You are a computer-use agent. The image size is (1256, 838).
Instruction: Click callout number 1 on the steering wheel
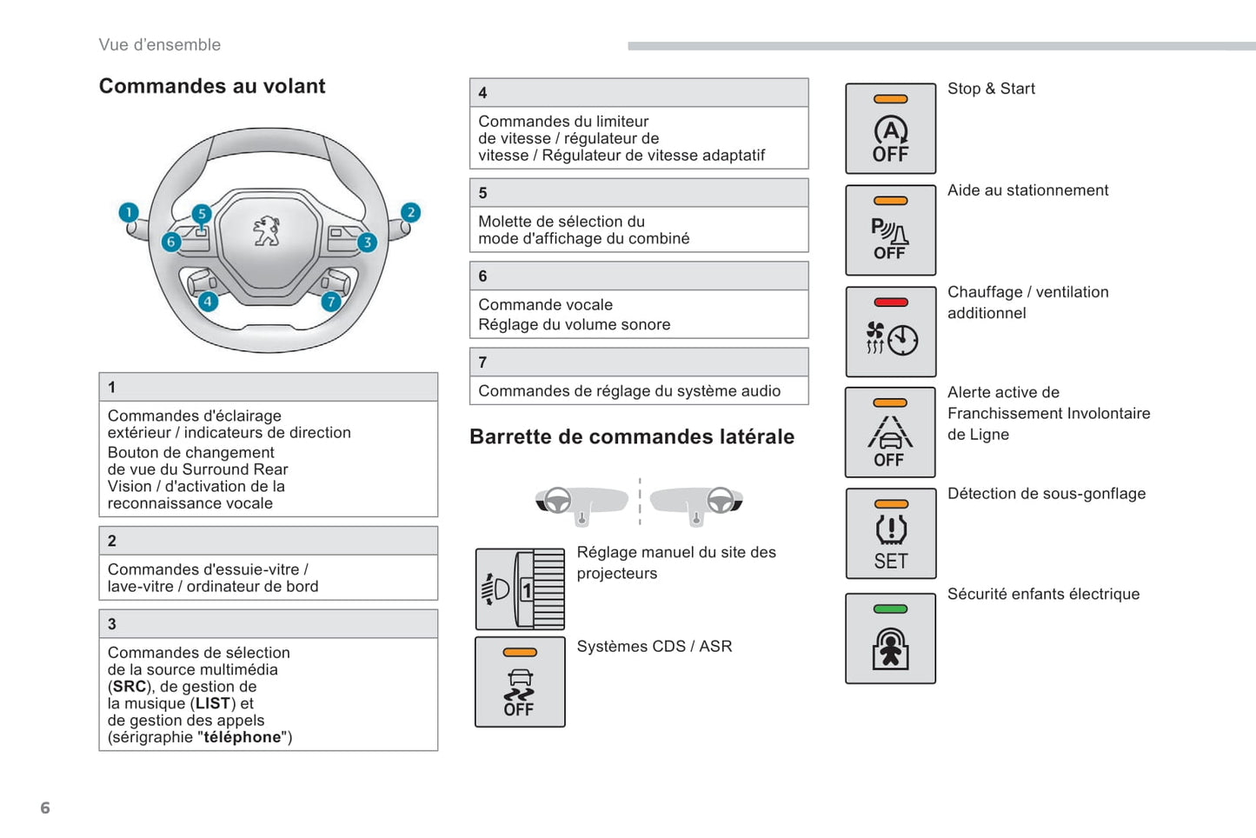[129, 212]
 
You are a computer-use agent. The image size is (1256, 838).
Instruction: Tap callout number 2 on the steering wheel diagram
[410, 212]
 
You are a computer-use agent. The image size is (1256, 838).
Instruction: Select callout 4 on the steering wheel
[208, 302]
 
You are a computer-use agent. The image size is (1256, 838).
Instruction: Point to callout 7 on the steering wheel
[331, 302]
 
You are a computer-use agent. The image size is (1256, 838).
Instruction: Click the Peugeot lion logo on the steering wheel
[267, 232]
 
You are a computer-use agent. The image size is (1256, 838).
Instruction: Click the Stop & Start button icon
[890, 129]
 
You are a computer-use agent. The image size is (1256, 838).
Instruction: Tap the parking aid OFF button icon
[890, 230]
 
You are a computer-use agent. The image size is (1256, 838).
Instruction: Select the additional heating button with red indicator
[890, 332]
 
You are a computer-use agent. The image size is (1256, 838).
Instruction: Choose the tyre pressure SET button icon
[890, 534]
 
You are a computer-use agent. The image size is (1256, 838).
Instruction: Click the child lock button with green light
[890, 639]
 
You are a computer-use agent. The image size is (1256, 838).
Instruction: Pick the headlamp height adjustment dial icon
[520, 589]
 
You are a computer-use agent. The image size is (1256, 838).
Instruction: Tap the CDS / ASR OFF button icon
[520, 682]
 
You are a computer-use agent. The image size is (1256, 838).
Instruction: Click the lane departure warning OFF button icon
[890, 433]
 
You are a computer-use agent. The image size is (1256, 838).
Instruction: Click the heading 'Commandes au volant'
[212, 86]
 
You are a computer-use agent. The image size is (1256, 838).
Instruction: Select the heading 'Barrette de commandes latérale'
[632, 436]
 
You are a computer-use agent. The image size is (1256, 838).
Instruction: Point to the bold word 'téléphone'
[243, 737]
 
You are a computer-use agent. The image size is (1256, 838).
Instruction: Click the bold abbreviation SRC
[130, 687]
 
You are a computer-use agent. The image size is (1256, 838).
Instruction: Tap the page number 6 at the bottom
[45, 808]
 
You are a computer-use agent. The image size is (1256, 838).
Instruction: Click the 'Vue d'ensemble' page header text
[160, 45]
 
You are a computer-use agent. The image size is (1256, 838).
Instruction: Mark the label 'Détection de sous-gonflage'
[1047, 494]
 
